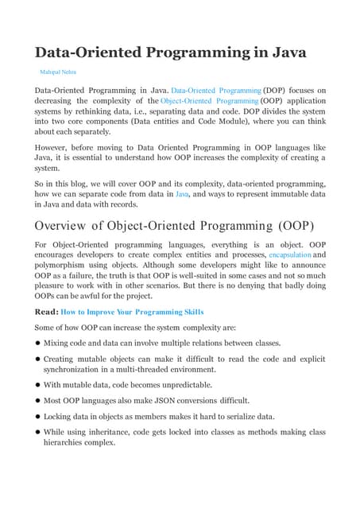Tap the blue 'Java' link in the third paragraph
[x=181, y=193]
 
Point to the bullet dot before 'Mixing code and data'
[x=37, y=343]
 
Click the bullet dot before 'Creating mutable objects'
[x=37, y=359]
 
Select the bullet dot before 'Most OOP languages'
[x=37, y=401]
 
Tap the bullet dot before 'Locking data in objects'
[x=37, y=416]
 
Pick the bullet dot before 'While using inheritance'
[x=37, y=432]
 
